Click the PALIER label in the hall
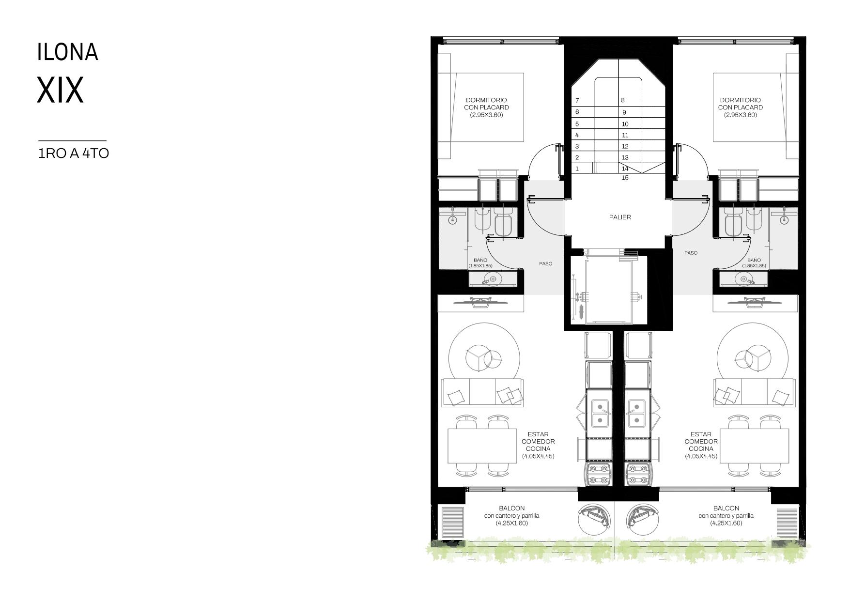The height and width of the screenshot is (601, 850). (620, 217)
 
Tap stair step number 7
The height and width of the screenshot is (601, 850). (577, 101)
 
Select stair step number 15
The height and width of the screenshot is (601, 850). (625, 178)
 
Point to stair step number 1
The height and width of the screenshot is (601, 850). (577, 169)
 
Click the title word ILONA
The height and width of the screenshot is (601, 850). (68, 52)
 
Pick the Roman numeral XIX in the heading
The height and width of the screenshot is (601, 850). (61, 90)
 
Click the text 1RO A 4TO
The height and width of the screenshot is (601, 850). (74, 154)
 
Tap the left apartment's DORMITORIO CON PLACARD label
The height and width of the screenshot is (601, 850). (486, 104)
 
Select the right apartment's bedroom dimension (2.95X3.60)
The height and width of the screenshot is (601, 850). (740, 115)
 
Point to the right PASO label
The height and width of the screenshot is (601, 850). (691, 253)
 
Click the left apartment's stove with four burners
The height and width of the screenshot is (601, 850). (599, 474)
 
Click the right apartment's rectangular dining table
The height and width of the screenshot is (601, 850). (755, 446)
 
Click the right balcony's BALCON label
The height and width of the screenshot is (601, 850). (726, 509)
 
